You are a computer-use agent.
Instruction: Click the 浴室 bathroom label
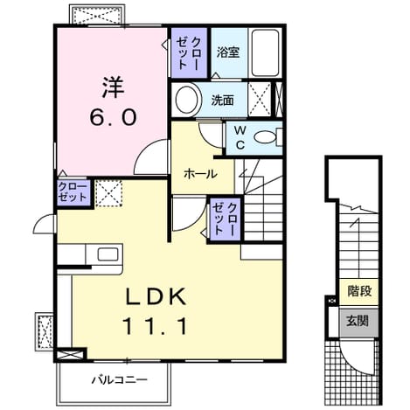pyautogui.click(x=228, y=52)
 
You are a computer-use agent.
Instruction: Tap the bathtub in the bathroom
pyautogui.click(x=265, y=52)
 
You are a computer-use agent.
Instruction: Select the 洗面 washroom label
pyautogui.click(x=222, y=101)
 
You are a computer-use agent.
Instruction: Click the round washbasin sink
pyautogui.click(x=187, y=100)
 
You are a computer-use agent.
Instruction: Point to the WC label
pyautogui.click(x=240, y=138)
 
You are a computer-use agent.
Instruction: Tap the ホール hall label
pyautogui.click(x=200, y=174)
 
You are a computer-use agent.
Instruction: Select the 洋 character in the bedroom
pyautogui.click(x=113, y=87)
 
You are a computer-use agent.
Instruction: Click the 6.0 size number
pyautogui.click(x=113, y=117)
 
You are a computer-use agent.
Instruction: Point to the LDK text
pyautogui.click(x=156, y=296)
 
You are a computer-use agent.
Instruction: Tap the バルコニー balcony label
pyautogui.click(x=120, y=380)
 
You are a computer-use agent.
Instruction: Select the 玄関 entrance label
pyautogui.click(x=358, y=321)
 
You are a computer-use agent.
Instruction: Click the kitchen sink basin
pyautogui.click(x=108, y=254)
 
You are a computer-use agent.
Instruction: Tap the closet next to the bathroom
pyautogui.click(x=189, y=52)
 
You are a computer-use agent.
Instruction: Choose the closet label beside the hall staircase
pyautogui.click(x=224, y=219)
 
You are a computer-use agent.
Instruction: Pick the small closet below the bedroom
pyautogui.click(x=73, y=192)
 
